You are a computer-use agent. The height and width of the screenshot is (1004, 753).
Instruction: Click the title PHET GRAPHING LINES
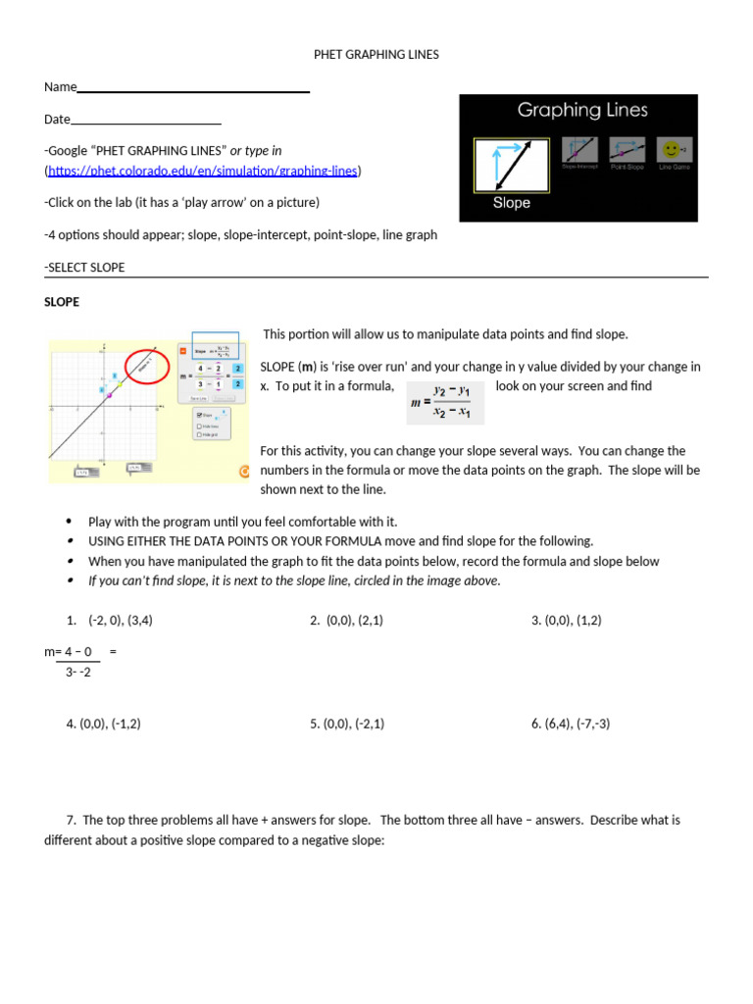(x=376, y=55)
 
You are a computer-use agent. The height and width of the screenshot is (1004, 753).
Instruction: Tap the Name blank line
(x=193, y=90)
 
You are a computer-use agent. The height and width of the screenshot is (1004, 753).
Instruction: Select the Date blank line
(x=146, y=124)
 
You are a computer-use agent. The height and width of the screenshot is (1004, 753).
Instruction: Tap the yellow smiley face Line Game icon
(x=672, y=150)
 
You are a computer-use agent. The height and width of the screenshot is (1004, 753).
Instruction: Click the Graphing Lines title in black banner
(x=582, y=111)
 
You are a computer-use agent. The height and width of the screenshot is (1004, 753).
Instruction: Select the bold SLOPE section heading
(x=62, y=302)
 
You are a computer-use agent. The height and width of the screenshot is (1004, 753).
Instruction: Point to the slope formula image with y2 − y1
(x=445, y=402)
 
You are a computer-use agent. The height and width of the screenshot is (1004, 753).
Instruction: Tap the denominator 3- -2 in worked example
(x=77, y=673)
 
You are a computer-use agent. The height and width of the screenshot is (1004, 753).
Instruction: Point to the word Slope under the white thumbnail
(x=511, y=203)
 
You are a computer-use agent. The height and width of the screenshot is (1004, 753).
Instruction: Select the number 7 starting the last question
(x=71, y=820)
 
